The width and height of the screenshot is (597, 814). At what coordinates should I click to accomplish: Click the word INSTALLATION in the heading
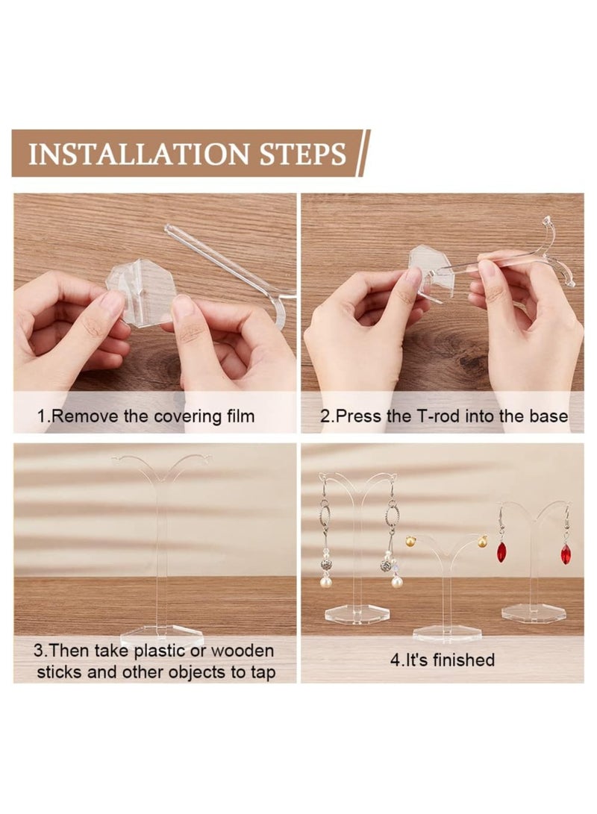[x=139, y=154]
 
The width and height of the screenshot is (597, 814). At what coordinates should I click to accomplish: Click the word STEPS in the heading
[x=303, y=154]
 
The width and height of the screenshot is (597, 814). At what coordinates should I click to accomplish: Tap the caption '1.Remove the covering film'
[x=146, y=416]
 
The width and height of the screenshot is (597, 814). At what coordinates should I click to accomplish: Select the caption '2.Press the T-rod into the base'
[x=444, y=416]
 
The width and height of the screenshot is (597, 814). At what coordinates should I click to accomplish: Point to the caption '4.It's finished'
[x=443, y=660]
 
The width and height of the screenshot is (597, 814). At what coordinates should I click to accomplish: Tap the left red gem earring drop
[x=501, y=552]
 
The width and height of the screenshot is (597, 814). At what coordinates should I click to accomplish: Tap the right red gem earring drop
[x=565, y=554]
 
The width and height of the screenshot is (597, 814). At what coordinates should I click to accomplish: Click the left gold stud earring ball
[x=411, y=543]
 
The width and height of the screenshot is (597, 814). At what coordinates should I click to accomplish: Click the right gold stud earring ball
[x=482, y=542]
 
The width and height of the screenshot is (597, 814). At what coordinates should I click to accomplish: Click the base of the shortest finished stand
[x=446, y=633]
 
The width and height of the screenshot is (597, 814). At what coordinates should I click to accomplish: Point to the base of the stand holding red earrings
[x=535, y=613]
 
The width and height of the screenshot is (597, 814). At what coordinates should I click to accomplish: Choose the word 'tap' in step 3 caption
[x=262, y=673]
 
